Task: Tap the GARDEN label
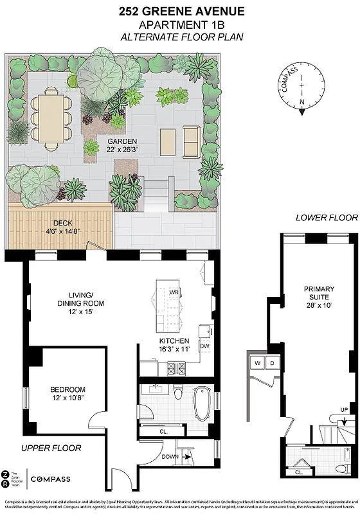(x=120, y=145)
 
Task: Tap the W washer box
(x=258, y=364)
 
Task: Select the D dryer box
(x=273, y=364)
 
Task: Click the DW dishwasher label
(x=205, y=346)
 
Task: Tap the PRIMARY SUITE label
(x=319, y=293)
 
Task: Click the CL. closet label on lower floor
(x=299, y=472)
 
